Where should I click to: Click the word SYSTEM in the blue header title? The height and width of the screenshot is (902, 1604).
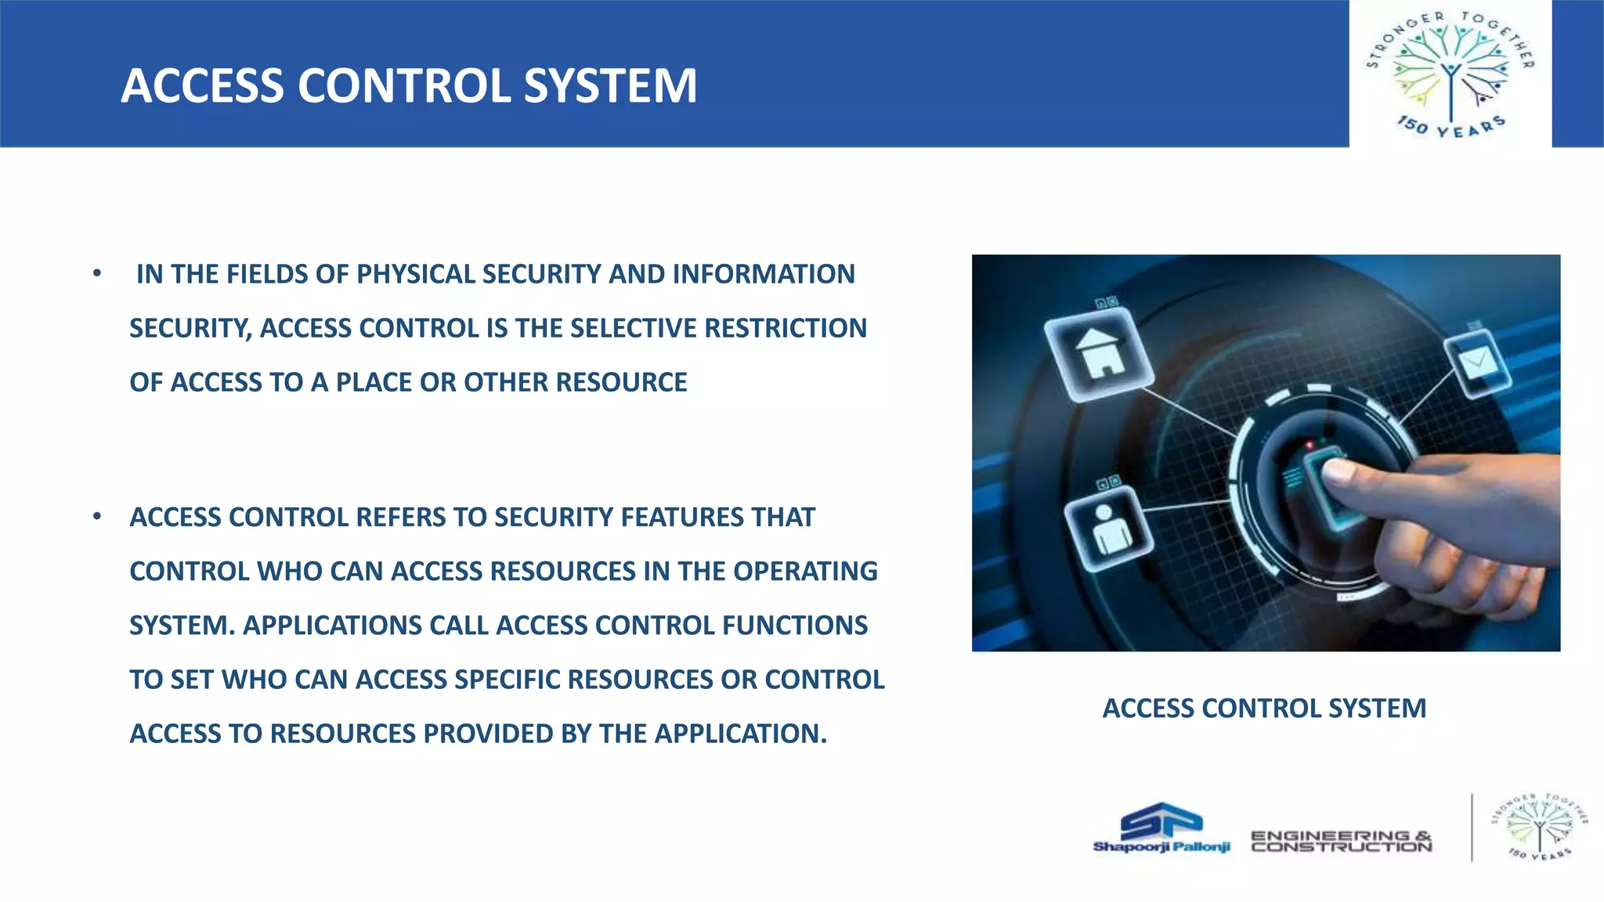tap(610, 85)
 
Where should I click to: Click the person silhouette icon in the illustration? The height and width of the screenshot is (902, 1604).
tap(1108, 529)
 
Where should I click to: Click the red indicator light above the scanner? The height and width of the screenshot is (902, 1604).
tap(1310, 446)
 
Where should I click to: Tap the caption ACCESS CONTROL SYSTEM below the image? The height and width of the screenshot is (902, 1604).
tap(1264, 709)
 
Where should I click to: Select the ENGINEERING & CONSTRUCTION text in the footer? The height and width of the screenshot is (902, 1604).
tap(1341, 841)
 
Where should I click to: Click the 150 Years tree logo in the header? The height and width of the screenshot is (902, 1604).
tap(1450, 74)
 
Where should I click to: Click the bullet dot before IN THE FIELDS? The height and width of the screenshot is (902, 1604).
tap(97, 274)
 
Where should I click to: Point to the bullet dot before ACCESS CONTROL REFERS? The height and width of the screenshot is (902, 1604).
tap(97, 517)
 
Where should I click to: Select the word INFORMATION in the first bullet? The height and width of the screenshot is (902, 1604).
tap(764, 275)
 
